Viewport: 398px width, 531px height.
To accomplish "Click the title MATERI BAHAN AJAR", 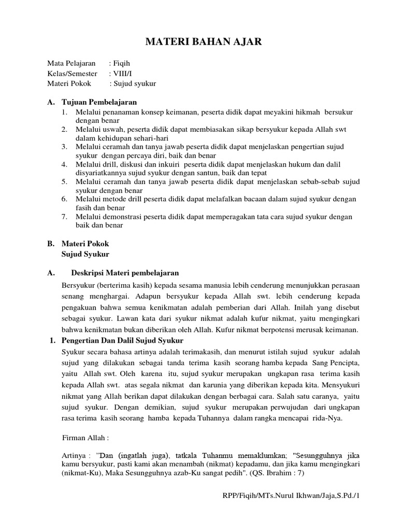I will [199, 42].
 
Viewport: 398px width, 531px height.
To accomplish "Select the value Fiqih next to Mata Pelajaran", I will [123, 63].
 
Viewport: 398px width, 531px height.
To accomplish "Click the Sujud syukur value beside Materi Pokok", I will [134, 83].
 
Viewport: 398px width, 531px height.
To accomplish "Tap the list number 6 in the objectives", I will [64, 199].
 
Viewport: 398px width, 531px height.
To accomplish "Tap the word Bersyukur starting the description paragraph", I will [78, 286].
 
